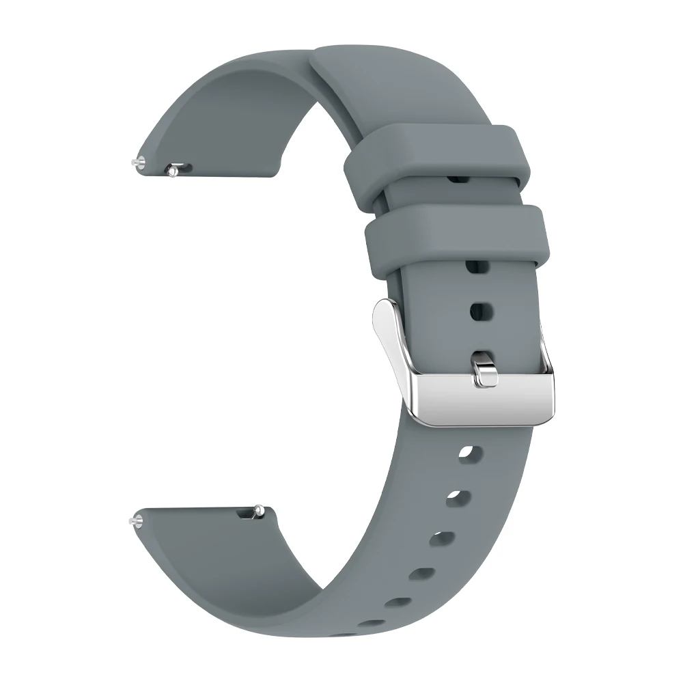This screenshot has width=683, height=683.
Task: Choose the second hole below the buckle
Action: pyautogui.click(x=455, y=499)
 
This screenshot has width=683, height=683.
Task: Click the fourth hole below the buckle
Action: pyautogui.click(x=424, y=574)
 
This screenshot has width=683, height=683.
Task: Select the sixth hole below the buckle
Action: pyautogui.click(x=369, y=623)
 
